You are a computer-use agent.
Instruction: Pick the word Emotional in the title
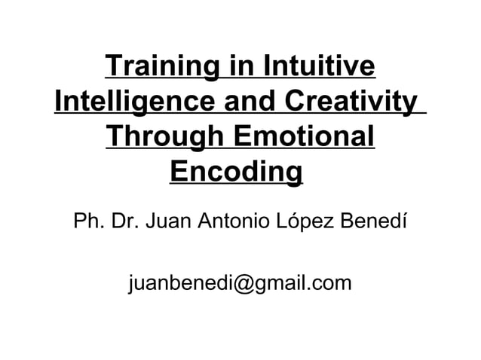(x=306, y=138)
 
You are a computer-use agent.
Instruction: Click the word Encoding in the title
(x=237, y=173)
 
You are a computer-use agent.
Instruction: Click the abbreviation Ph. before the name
(x=86, y=223)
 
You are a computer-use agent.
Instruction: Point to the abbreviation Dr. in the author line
(x=124, y=223)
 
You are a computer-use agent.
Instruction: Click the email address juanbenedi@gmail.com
(x=240, y=283)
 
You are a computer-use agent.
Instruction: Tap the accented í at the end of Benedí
(x=405, y=223)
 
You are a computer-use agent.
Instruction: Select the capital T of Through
(x=117, y=138)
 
